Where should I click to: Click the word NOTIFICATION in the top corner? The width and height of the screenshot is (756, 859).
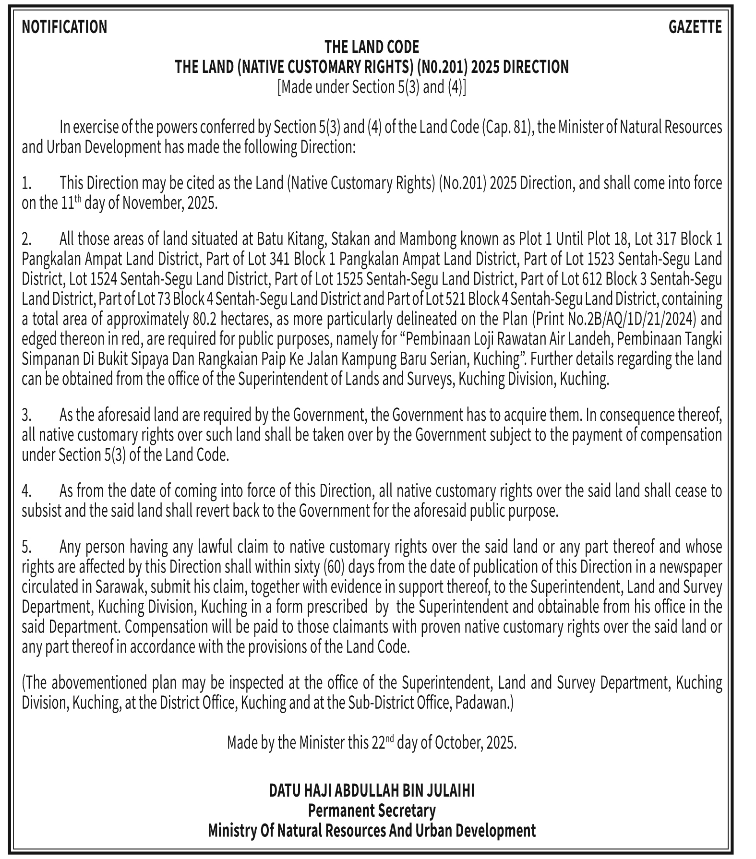pos(64,27)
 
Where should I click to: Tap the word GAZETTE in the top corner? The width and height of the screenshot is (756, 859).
pos(695,27)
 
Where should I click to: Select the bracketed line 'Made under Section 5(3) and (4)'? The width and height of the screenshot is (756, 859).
pos(372,87)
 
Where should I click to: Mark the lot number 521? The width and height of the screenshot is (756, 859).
pos(456,299)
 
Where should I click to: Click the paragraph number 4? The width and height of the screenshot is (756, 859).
pos(26,491)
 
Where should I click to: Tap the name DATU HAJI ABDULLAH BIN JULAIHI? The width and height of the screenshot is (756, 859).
pos(372,790)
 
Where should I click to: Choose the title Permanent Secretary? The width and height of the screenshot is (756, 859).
pos(372,811)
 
